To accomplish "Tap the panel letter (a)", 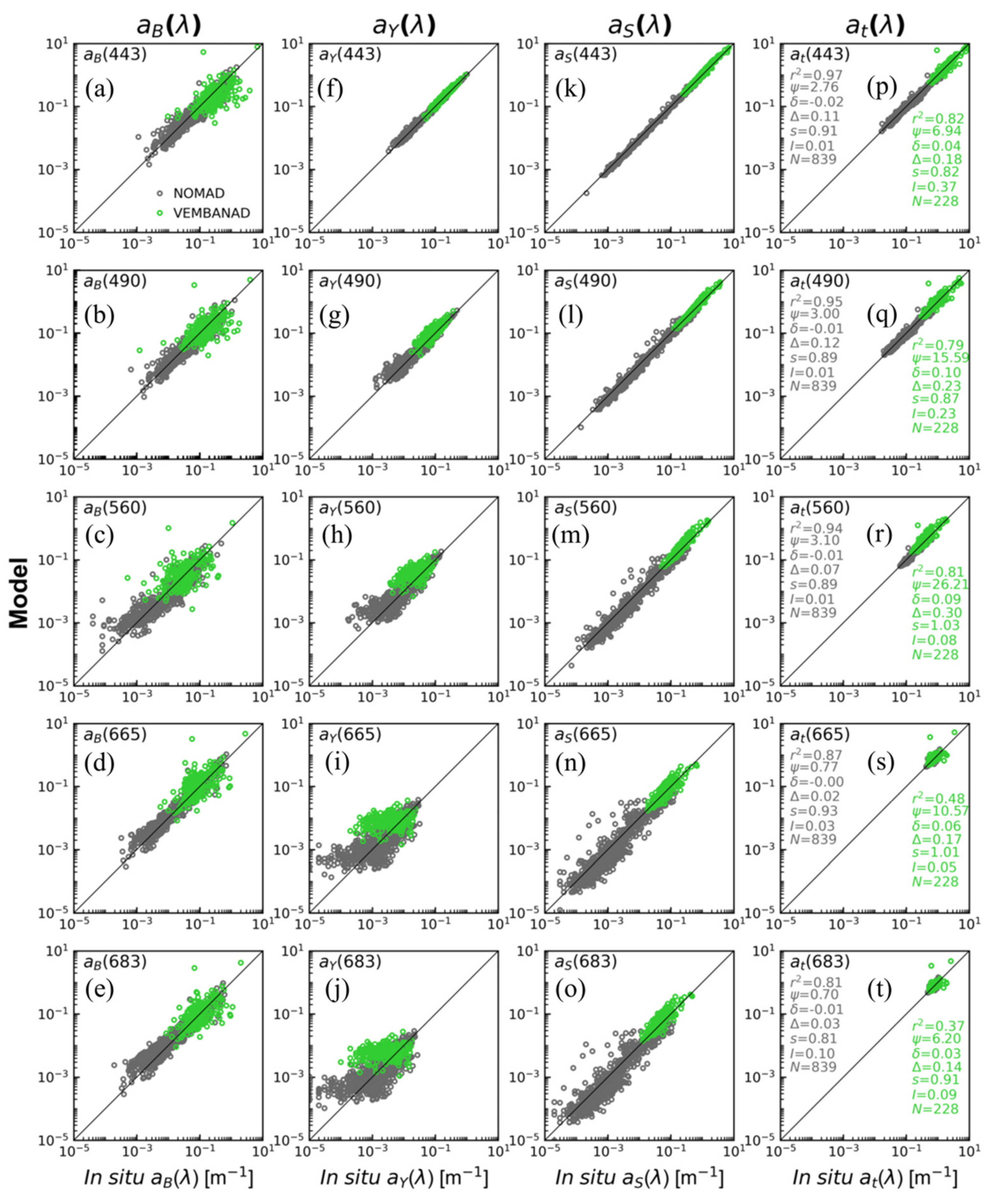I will (x=100, y=89).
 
